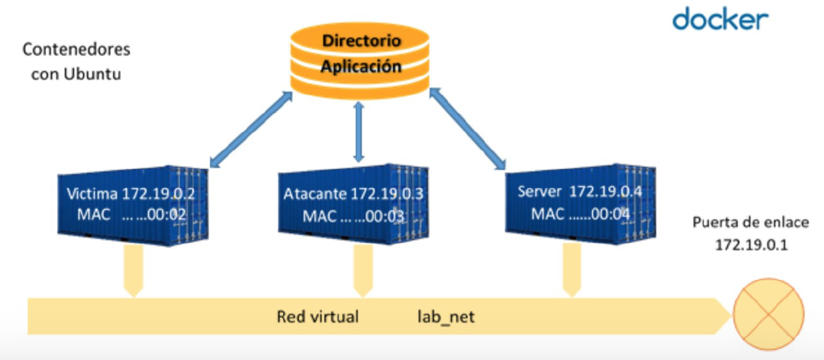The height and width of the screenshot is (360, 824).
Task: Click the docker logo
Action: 720,19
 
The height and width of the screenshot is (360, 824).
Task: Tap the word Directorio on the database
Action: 361,41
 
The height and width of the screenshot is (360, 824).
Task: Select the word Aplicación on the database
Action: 361,67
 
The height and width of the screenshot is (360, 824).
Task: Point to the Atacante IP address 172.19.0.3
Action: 387,195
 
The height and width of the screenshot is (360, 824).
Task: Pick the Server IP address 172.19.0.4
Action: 605,192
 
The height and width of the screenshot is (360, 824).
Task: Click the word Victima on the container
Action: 92,195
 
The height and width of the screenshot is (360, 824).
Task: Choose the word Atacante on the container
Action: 315,195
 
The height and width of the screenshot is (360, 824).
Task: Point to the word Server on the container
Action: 539,192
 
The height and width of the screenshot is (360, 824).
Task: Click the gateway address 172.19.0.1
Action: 751,245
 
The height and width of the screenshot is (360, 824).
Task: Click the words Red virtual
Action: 318,317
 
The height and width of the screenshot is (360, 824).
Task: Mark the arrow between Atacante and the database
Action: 360,132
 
